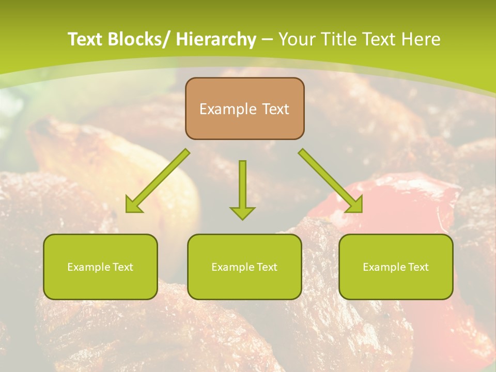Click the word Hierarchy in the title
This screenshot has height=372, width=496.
coord(216,39)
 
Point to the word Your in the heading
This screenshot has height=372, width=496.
coord(297,39)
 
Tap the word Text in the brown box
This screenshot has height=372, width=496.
coord(275,109)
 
